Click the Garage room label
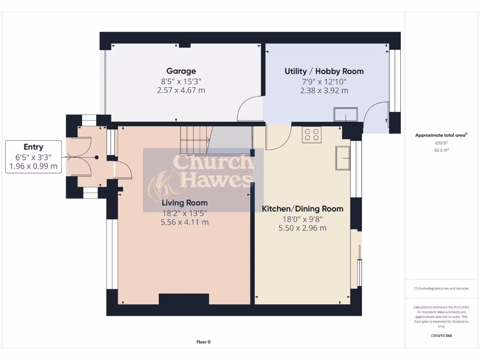coord(181,71)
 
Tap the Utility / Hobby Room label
coord(324,71)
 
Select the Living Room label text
coord(185,203)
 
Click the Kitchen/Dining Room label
coord(302,209)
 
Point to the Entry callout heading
coord(33,147)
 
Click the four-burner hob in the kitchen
coord(312,135)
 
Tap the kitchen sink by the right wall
coord(343,157)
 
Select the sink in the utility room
coord(345,114)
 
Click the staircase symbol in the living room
coord(195,139)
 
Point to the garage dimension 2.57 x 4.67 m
coord(181,90)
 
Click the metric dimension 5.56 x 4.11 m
coord(185,222)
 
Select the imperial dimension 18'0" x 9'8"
coord(302,218)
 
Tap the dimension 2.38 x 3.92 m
coord(324,90)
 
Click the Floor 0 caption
coord(203,342)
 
